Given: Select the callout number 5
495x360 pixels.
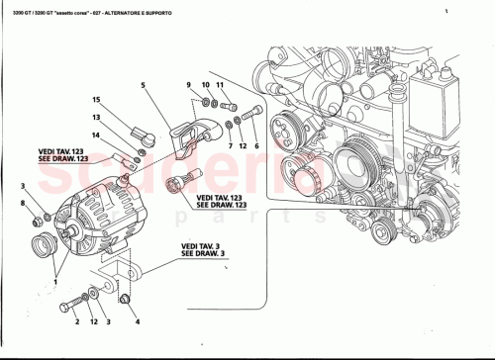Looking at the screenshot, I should [x=143, y=86].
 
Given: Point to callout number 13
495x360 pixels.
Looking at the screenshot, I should [x=98, y=118].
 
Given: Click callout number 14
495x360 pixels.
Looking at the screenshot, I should [x=98, y=135].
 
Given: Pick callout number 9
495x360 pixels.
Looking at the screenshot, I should [x=187, y=84].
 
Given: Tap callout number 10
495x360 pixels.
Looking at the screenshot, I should [x=205, y=84].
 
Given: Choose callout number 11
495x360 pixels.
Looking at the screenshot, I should [x=222, y=84].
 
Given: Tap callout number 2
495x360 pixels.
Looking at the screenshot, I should [x=76, y=322].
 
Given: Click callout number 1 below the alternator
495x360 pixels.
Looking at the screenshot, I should [x=56, y=280].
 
